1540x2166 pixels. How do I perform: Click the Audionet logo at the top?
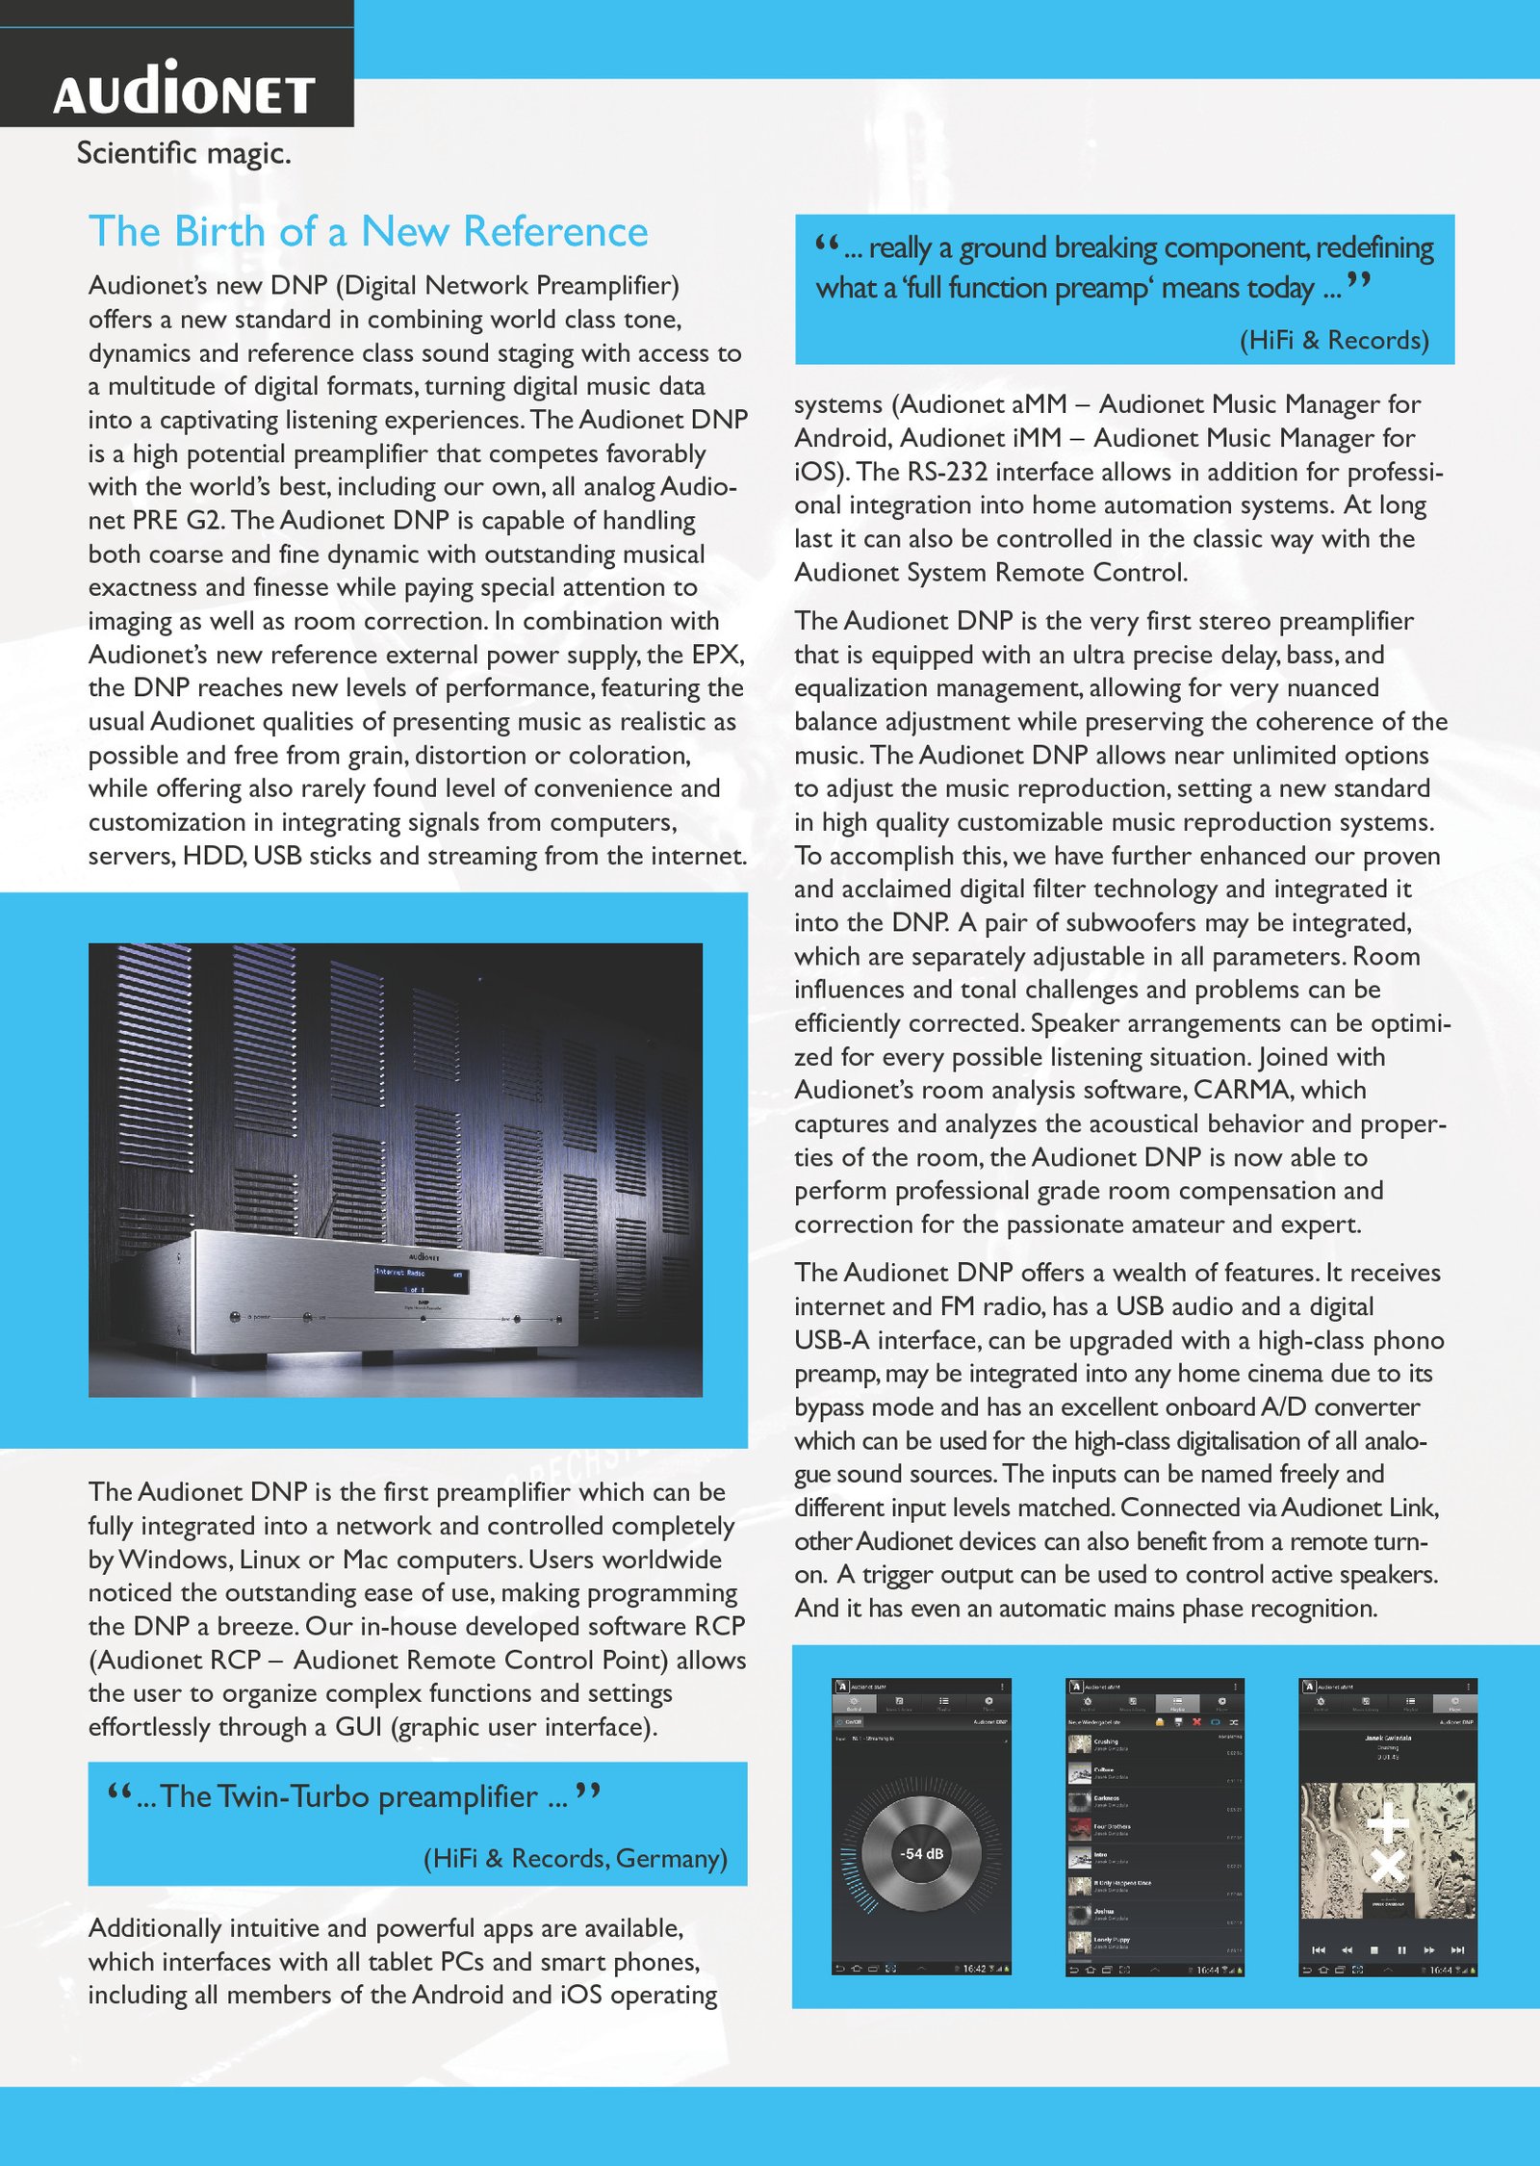[x=184, y=90]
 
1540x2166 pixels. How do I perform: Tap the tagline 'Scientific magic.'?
[x=183, y=153]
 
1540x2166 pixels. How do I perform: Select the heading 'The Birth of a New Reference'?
[x=368, y=232]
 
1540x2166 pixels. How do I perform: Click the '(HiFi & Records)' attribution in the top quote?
[x=1334, y=340]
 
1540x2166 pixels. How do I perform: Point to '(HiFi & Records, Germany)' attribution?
[x=575, y=1858]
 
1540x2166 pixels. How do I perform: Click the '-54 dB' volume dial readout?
[x=921, y=1854]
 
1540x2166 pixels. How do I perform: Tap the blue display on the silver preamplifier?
[x=420, y=1278]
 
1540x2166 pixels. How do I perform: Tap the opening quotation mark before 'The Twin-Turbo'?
[x=119, y=1792]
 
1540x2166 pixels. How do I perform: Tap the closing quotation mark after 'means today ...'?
[x=1358, y=281]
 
